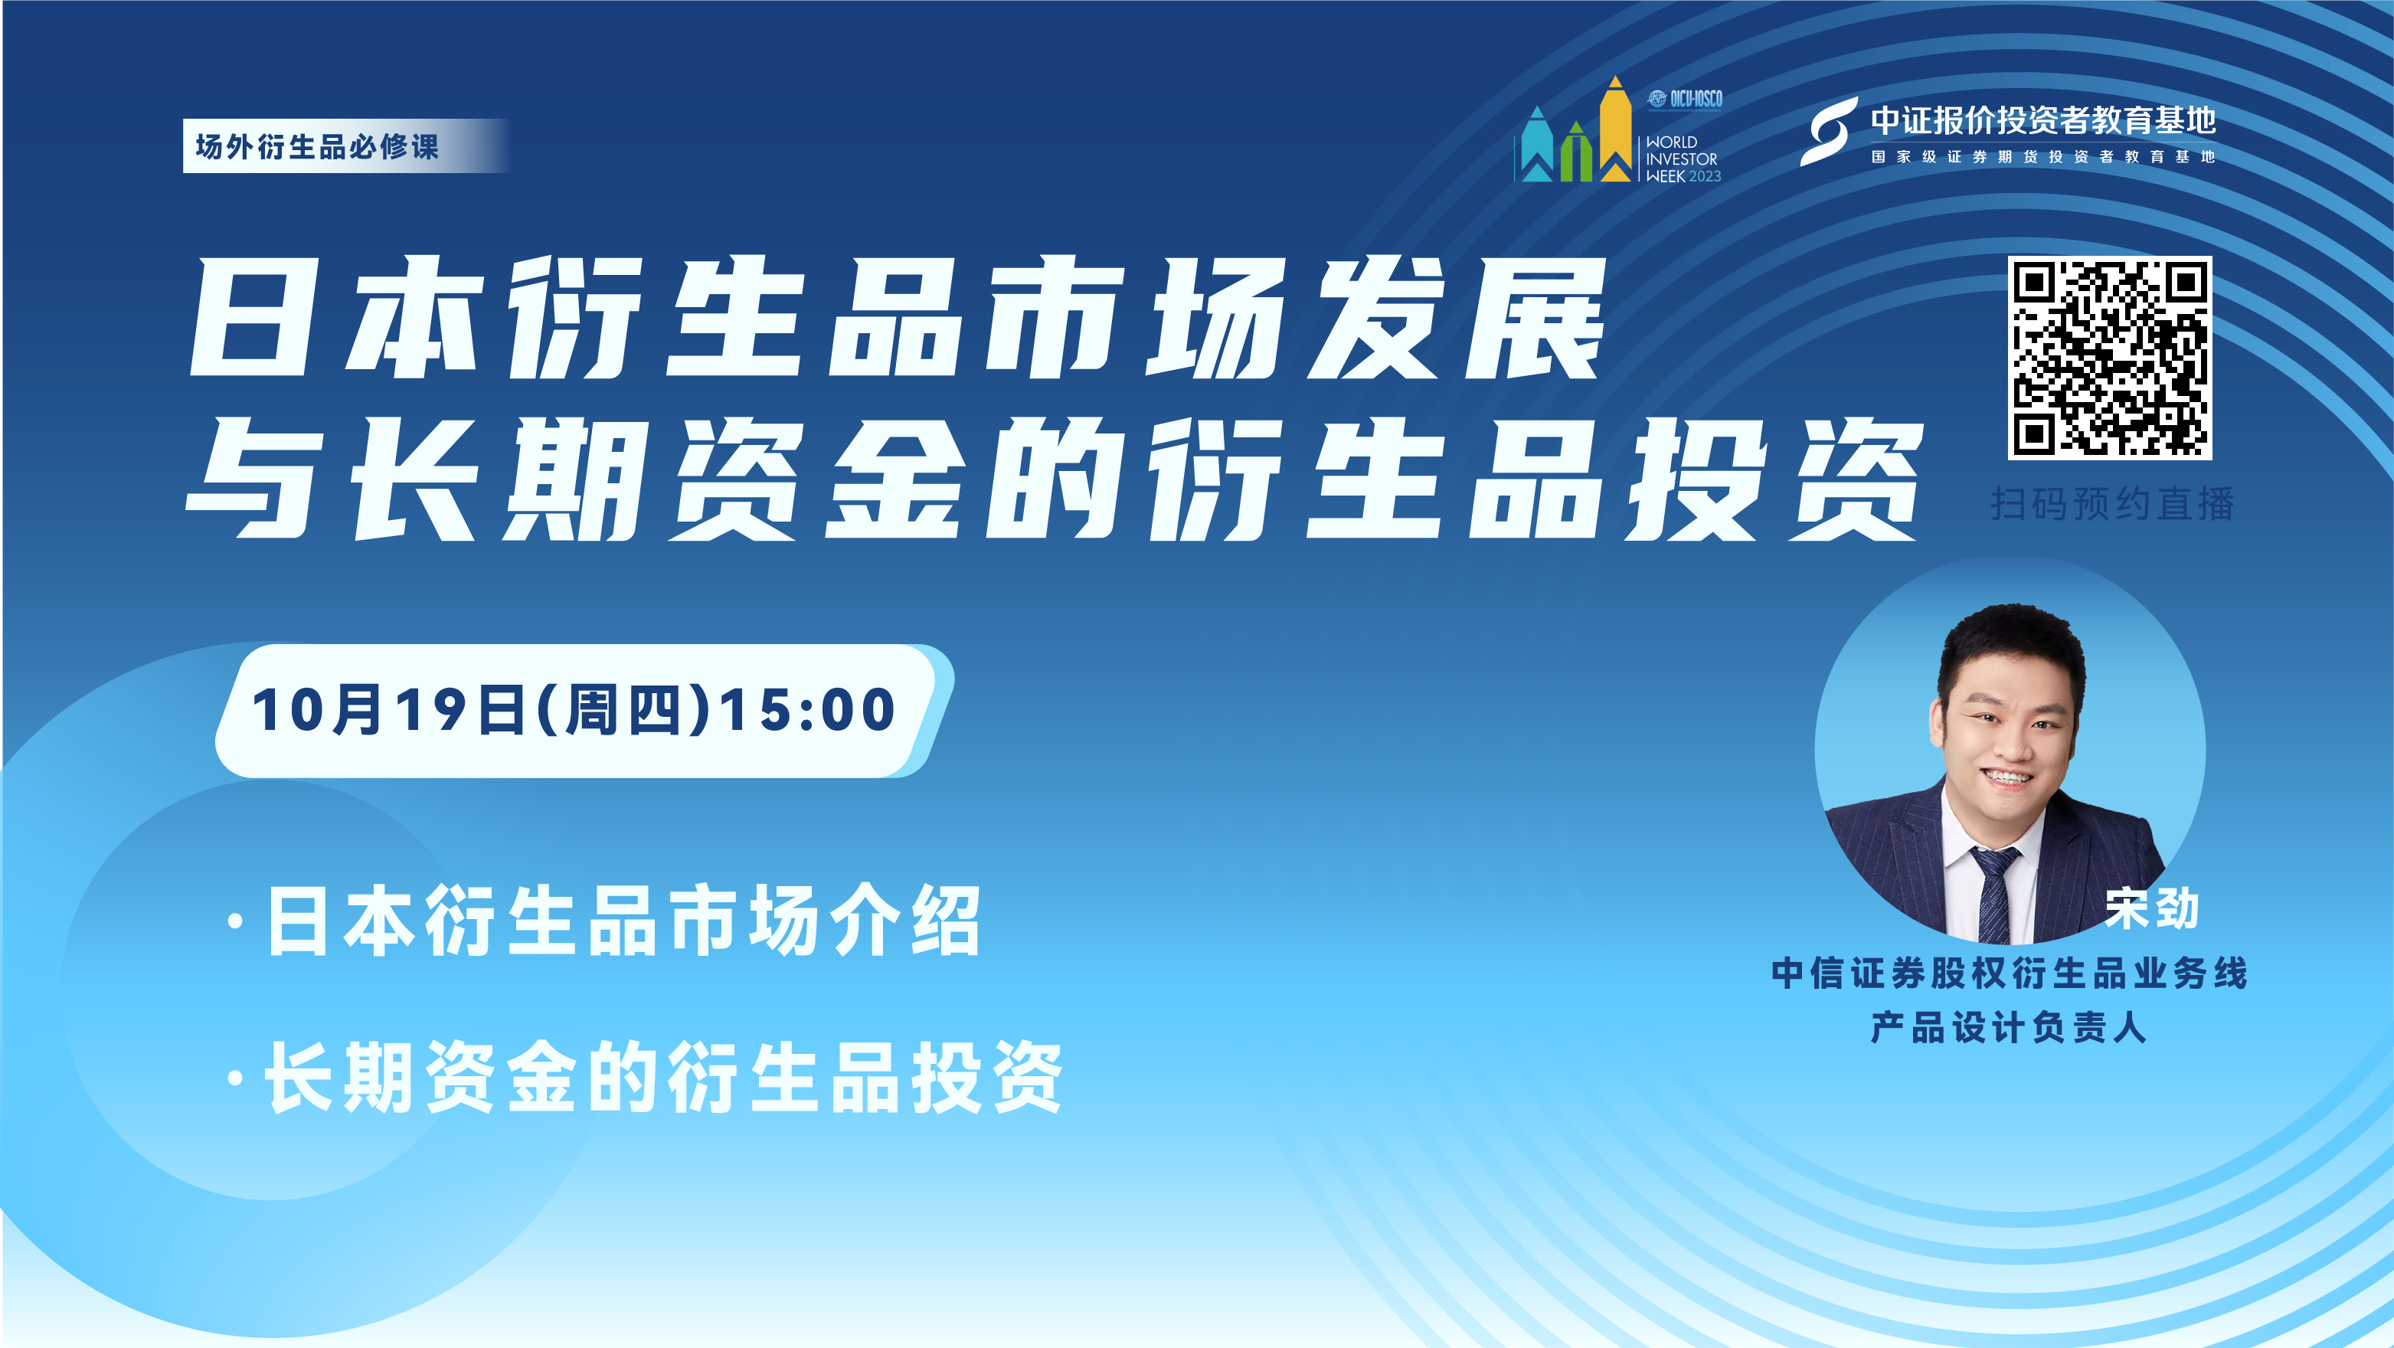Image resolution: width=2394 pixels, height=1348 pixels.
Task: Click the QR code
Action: click(x=2110, y=358)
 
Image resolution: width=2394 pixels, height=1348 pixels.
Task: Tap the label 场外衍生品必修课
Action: click(x=317, y=146)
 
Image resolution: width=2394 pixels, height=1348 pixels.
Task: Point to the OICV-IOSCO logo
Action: click(x=1685, y=99)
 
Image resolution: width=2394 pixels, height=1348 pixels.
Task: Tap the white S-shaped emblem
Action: click(x=1828, y=132)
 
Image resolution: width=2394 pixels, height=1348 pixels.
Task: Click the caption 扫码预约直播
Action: click(x=2111, y=504)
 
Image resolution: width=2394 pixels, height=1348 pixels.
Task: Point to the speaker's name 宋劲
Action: click(x=2152, y=908)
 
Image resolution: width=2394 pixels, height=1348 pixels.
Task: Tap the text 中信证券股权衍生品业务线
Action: click(x=2010, y=973)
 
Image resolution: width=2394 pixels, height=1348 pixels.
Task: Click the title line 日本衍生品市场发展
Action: click(x=898, y=318)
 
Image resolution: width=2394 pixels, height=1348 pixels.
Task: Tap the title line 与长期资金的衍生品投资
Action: click(x=1054, y=479)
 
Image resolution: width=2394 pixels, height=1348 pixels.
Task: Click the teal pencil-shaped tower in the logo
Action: click(x=1537, y=144)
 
